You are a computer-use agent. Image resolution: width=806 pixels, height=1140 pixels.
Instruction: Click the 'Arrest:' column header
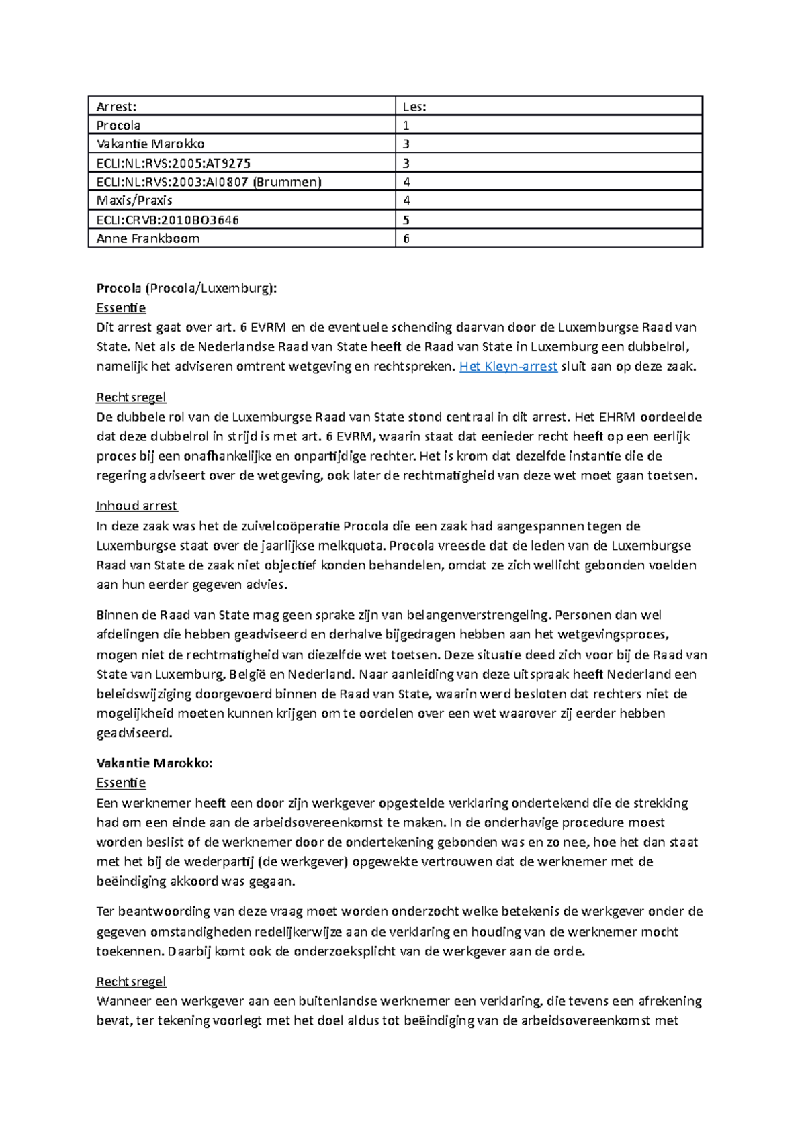click(x=117, y=106)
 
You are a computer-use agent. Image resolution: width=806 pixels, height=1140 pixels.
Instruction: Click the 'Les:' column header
click(x=414, y=106)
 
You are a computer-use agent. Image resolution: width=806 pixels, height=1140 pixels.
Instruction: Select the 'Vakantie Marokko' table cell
click(x=150, y=144)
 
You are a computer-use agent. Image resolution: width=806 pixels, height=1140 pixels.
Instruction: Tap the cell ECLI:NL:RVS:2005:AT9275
click(x=174, y=163)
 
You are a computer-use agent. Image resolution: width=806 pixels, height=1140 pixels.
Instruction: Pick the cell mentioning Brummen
click(x=209, y=182)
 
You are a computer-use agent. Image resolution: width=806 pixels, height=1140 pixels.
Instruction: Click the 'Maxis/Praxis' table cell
click(x=134, y=201)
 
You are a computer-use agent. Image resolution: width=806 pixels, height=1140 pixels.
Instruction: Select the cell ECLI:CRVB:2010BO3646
click(x=168, y=220)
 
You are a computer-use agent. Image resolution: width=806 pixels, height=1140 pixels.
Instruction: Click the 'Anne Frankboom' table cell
click(x=148, y=238)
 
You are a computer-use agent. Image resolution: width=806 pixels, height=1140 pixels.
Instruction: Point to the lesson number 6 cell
click(x=406, y=238)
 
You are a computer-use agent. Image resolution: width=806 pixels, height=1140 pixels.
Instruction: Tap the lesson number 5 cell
click(x=406, y=220)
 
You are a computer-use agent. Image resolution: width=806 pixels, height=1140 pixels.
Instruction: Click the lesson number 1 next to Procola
click(x=406, y=125)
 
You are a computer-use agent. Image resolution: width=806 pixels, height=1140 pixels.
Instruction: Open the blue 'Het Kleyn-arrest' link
click(x=508, y=367)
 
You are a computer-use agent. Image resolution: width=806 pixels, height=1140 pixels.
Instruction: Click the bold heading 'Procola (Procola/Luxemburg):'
click(x=186, y=288)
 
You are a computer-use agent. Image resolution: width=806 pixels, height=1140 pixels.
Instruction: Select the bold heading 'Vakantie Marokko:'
click(x=154, y=763)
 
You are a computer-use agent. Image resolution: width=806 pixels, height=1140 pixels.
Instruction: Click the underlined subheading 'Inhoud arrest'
click(x=136, y=506)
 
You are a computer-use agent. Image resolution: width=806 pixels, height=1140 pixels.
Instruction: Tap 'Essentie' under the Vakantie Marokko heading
click(x=121, y=783)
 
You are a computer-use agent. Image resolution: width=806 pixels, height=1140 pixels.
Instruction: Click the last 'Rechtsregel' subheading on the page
click(x=131, y=982)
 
